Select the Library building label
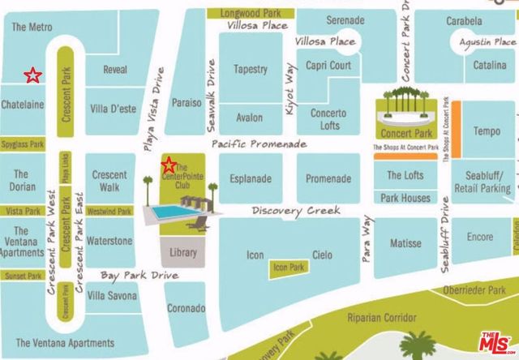pyautogui.click(x=184, y=253)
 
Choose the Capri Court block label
pyautogui.click(x=328, y=66)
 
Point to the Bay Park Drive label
pyautogui.click(x=139, y=277)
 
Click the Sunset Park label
pyautogui.click(x=23, y=276)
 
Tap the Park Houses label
pyautogui.click(x=405, y=198)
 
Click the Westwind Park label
pyautogui.click(x=109, y=212)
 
